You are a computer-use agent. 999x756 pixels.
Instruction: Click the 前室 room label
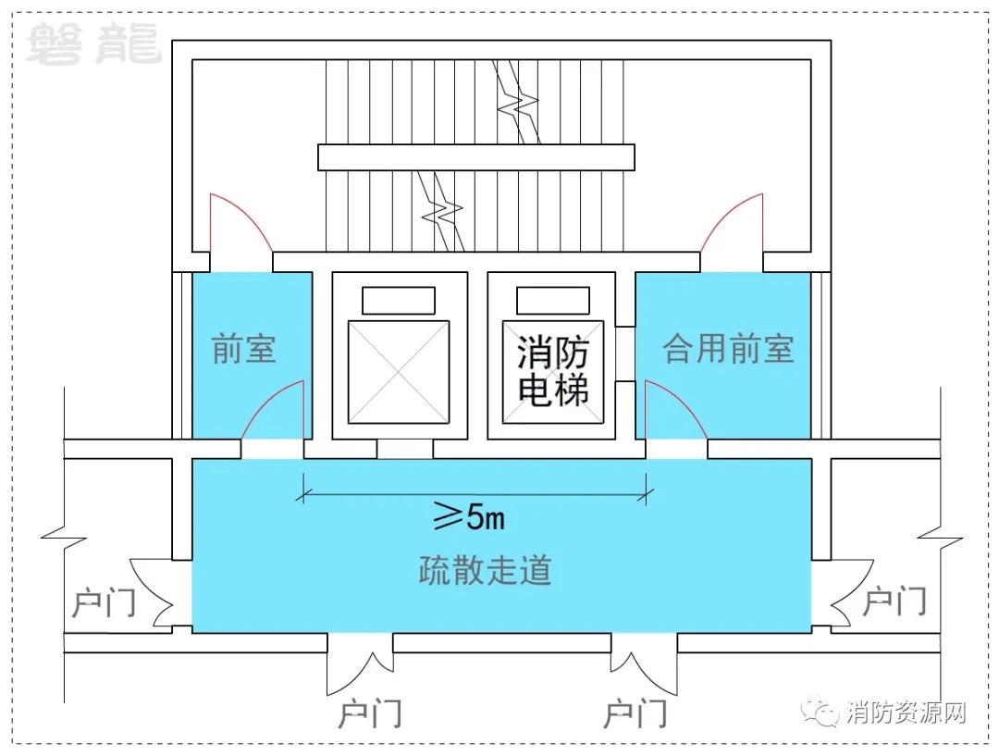coord(243,349)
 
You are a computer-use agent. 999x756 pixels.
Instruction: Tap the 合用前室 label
coord(728,349)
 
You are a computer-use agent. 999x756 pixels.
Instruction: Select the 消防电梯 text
coord(552,372)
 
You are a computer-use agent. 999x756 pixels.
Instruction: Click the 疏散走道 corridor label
coord(484,570)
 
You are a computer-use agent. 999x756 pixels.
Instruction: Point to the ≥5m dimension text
coord(470,516)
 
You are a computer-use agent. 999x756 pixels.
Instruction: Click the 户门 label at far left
coord(104,602)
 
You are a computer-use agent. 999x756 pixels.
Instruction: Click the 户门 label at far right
coord(894,601)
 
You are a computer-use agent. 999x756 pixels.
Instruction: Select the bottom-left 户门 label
coord(369,713)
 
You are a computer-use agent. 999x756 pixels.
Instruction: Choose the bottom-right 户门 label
coord(635,713)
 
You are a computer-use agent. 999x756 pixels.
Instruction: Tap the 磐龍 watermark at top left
coord(93,43)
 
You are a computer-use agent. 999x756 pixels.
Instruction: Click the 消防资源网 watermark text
coord(906,712)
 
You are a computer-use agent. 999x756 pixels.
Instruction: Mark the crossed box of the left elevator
coord(399,372)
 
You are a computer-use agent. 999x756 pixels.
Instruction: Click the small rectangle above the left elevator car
coord(399,301)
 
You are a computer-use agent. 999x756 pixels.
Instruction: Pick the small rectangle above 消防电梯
coord(553,301)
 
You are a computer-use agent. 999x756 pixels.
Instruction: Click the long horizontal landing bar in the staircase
coord(476,157)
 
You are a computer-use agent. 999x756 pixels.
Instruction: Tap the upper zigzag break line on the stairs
coord(517,102)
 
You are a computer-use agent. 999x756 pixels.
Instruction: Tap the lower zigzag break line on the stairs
coord(441,210)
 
